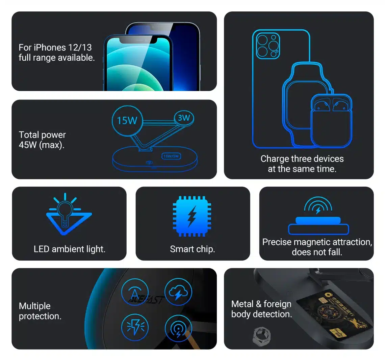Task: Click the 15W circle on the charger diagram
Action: pos(127,120)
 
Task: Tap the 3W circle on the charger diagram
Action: pos(184,118)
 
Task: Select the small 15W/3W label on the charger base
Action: pos(172,156)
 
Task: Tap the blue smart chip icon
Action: pos(192,216)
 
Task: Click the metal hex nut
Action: pos(261,336)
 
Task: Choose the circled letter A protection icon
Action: pos(135,292)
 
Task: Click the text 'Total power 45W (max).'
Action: pos(42,140)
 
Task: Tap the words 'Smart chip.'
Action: pos(192,249)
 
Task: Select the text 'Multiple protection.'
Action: pos(40,311)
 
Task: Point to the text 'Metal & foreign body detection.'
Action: pos(261,309)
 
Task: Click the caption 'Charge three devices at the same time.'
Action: pos(302,164)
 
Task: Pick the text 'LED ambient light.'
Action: pos(70,249)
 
